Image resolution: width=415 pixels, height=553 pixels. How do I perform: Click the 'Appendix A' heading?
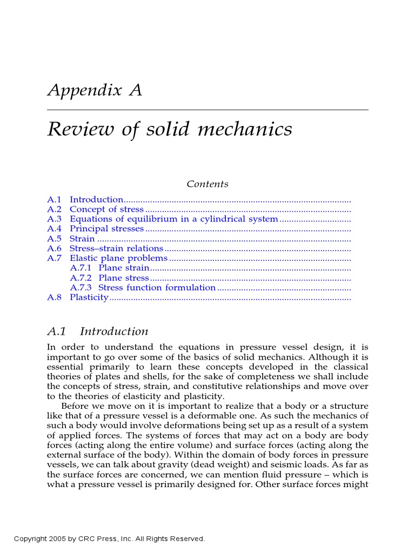click(95, 90)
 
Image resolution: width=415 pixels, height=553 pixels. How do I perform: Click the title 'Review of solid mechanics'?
click(170, 130)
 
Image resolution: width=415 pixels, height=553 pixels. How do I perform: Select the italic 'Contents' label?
click(207, 184)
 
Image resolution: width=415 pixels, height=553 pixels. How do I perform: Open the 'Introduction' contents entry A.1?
click(96, 200)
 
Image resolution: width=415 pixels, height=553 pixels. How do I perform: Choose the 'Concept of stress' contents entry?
click(106, 210)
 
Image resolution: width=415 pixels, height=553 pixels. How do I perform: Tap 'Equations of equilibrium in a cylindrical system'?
click(173, 219)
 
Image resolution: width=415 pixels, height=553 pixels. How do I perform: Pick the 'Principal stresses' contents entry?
click(106, 229)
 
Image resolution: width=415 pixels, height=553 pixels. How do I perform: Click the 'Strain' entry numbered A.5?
click(82, 239)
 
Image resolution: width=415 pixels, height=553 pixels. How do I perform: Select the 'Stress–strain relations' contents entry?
click(116, 248)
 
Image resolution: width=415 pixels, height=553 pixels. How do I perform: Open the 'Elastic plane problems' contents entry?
click(118, 258)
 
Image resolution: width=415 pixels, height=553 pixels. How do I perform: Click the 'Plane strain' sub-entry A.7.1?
click(123, 268)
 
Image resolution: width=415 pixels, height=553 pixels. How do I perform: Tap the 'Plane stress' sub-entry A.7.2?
click(123, 278)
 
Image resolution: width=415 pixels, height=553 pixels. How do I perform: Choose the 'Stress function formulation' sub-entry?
click(157, 288)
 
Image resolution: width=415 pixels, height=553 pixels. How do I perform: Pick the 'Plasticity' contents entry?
click(89, 298)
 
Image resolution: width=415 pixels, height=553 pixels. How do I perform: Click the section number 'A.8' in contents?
click(55, 298)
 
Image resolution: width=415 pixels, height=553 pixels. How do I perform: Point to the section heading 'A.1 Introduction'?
click(98, 331)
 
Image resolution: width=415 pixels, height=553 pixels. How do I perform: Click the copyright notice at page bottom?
click(110, 539)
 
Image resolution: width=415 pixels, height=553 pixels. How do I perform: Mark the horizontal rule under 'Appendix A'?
click(207, 110)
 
